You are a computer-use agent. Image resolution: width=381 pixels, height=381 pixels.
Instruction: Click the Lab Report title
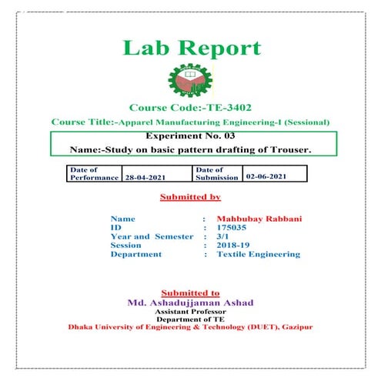(191, 48)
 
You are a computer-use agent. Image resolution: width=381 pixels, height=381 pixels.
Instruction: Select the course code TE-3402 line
(190, 108)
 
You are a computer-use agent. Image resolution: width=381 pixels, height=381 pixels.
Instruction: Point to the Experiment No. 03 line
(190, 136)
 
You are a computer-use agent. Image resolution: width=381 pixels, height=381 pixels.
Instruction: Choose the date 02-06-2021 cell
(273, 176)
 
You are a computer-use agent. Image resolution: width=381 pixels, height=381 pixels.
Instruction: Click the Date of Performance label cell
(94, 173)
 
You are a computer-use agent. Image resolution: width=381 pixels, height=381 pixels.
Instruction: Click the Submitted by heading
(190, 198)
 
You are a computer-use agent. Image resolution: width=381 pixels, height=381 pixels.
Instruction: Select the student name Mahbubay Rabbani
(259, 219)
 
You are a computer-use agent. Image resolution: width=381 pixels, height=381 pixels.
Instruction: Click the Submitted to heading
(190, 293)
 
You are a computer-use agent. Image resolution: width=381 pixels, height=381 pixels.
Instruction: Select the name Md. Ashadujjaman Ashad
(190, 302)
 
